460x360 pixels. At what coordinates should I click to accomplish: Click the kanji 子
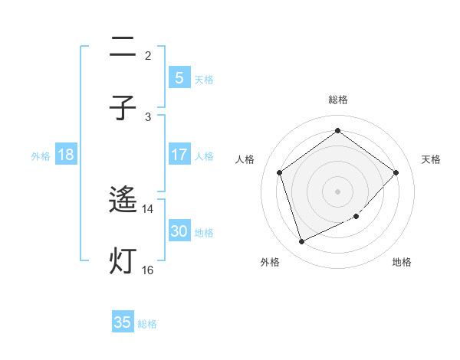pos(123,108)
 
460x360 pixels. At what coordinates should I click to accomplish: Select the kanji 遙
pos(123,201)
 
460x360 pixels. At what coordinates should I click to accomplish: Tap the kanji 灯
pos(123,261)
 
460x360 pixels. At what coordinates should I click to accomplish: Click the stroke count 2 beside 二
pos(148,55)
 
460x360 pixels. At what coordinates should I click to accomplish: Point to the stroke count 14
pos(148,209)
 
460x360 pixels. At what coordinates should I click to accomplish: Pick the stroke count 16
pos(148,270)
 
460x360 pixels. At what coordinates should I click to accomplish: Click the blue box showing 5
pos(179,77)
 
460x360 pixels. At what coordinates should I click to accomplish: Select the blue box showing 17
pos(179,155)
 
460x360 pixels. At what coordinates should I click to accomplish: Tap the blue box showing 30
pos(179,231)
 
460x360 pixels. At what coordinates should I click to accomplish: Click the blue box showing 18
pos(66,155)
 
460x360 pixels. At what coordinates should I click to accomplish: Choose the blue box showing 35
pos(123,322)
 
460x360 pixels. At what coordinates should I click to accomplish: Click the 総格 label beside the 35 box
pos(147,324)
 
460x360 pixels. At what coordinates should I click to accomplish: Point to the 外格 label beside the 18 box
pos(41,155)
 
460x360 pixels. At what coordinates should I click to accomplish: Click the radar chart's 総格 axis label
pos(337,100)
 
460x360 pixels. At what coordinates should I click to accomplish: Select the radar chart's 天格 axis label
pos(432,159)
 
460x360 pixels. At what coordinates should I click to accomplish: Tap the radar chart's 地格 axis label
pos(402,262)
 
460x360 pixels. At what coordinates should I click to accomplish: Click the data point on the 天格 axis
pos(396,172)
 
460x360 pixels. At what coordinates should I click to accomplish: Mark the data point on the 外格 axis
pos(301,242)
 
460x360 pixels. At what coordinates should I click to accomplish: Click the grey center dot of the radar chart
pos(337,191)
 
